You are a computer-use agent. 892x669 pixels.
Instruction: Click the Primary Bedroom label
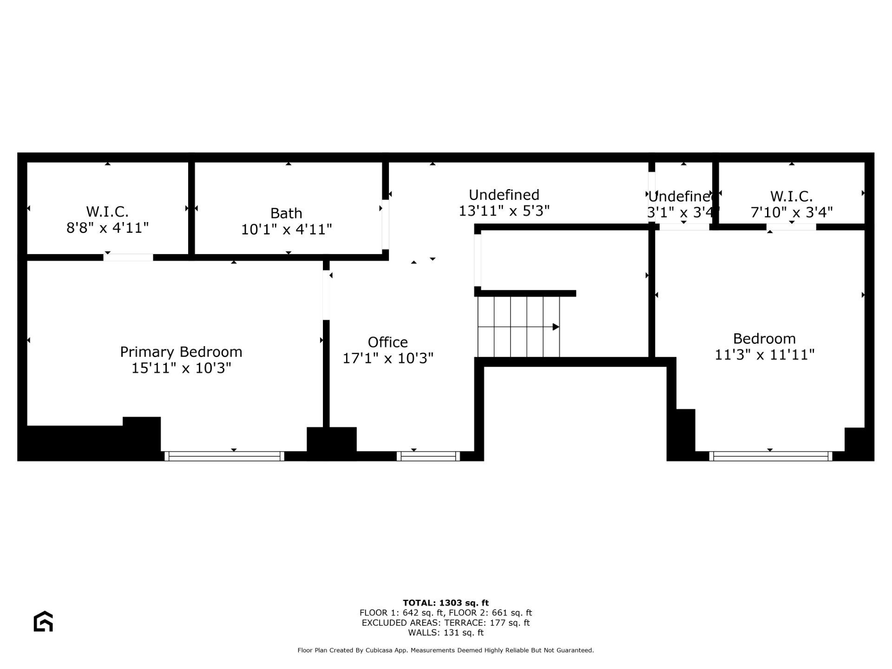pyautogui.click(x=181, y=352)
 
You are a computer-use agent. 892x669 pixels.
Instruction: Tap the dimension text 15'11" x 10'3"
pyautogui.click(x=181, y=368)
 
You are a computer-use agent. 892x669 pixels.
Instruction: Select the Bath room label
pyautogui.click(x=286, y=213)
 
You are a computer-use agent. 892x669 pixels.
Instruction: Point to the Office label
pyautogui.click(x=388, y=342)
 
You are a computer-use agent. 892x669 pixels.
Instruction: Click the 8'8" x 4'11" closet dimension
pyautogui.click(x=107, y=228)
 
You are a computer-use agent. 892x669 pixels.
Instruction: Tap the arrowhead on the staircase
pyautogui.click(x=556, y=327)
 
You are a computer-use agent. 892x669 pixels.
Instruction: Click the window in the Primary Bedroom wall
pyautogui.click(x=224, y=456)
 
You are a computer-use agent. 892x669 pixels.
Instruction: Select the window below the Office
pyautogui.click(x=428, y=456)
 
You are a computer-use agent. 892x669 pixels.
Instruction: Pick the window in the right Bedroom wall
pyautogui.click(x=771, y=456)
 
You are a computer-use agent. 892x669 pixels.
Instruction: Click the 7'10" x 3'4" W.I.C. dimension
pyautogui.click(x=792, y=212)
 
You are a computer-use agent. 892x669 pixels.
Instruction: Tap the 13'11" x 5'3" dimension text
pyautogui.click(x=504, y=211)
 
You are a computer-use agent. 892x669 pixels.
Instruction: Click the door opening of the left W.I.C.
pyautogui.click(x=128, y=257)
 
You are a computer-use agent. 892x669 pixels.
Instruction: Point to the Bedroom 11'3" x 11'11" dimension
pyautogui.click(x=765, y=355)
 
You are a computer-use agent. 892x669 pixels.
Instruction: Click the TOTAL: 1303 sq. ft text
pyautogui.click(x=446, y=603)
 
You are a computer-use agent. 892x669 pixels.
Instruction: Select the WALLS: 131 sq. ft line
pyautogui.click(x=446, y=633)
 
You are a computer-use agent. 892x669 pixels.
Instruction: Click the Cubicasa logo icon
pyautogui.click(x=43, y=621)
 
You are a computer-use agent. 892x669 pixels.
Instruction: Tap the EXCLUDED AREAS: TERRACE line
pyautogui.click(x=446, y=623)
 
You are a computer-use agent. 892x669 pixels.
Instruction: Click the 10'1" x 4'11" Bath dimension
pyautogui.click(x=286, y=230)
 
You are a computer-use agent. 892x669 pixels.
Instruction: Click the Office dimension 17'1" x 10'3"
pyautogui.click(x=388, y=359)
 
